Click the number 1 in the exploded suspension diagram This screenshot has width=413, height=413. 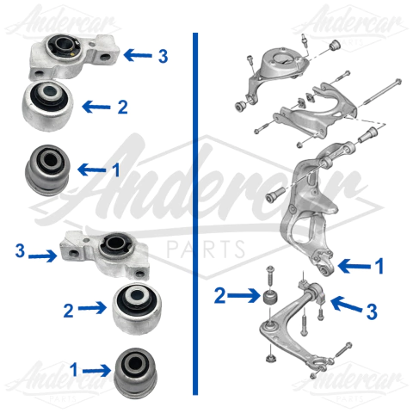(379, 266)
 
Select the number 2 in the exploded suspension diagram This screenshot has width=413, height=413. (220, 294)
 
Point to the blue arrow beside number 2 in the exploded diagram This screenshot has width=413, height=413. (246, 295)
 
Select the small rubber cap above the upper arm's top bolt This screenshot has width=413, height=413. (335, 43)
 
